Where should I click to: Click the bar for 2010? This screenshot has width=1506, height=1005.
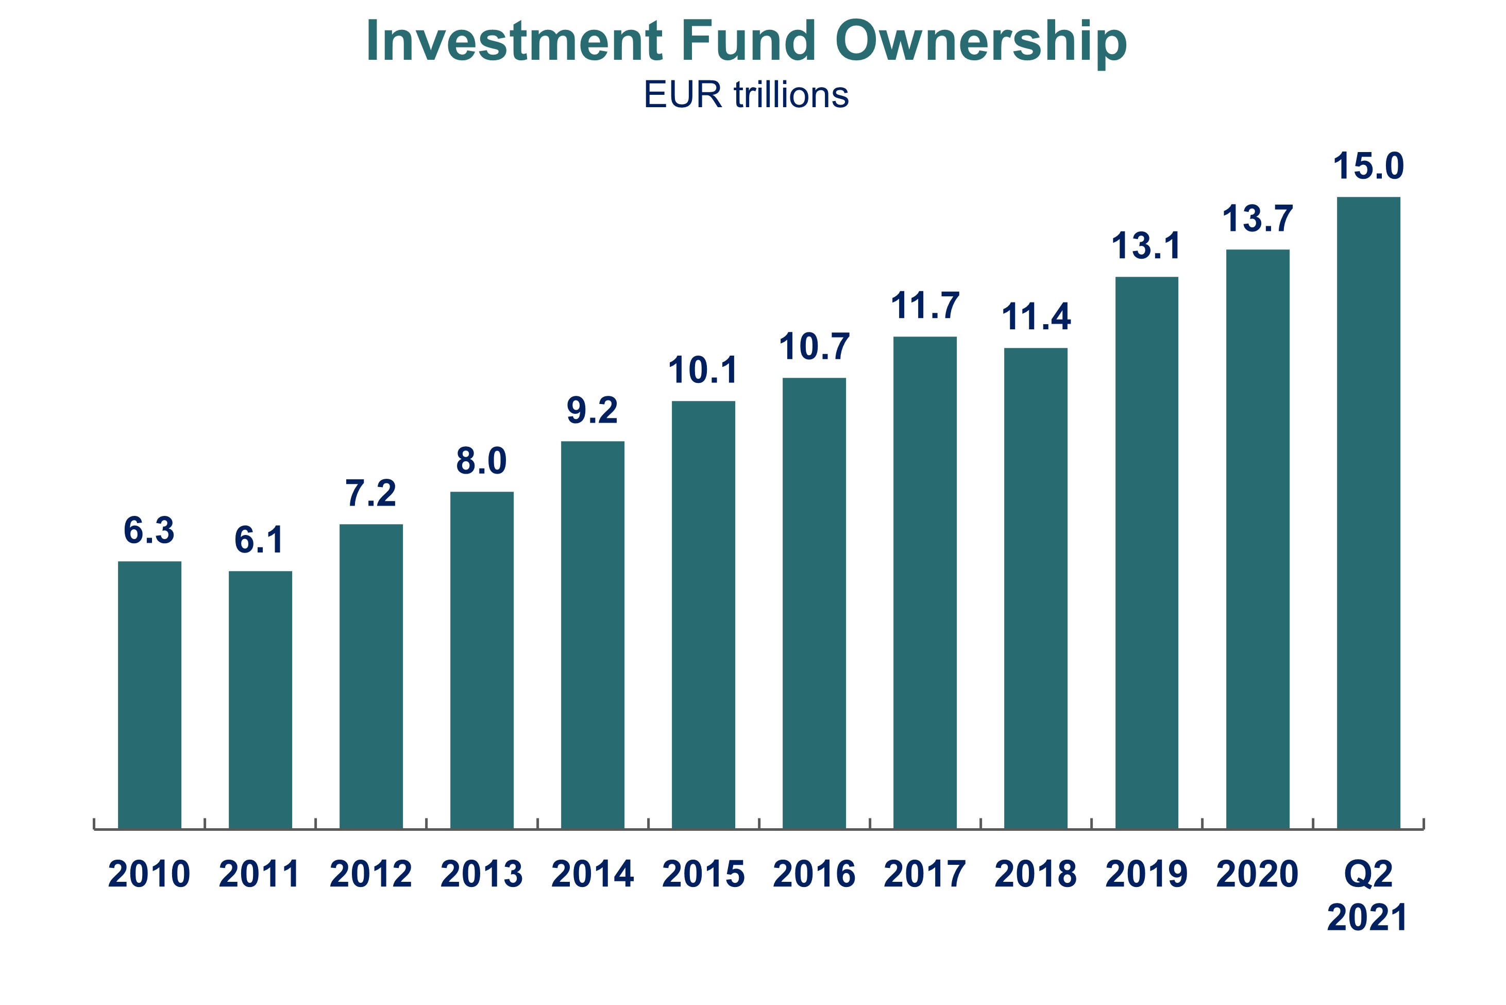click(149, 695)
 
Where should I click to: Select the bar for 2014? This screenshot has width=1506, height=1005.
click(593, 634)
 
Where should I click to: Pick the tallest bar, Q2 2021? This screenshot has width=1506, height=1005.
click(1368, 513)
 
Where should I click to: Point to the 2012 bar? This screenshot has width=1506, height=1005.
click(371, 676)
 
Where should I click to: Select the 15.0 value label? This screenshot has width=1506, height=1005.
click(1368, 166)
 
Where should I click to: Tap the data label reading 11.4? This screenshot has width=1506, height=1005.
click(1036, 316)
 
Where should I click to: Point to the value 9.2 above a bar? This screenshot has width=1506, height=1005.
click(593, 410)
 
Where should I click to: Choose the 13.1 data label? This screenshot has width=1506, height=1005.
click(1147, 246)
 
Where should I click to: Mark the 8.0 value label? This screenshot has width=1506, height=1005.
click(482, 461)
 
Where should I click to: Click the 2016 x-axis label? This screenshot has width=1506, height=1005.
click(814, 874)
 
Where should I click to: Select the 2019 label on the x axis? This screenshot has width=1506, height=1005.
click(1147, 874)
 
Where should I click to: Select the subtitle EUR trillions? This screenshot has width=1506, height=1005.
click(746, 95)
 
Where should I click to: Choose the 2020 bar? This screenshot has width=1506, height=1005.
click(1258, 539)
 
